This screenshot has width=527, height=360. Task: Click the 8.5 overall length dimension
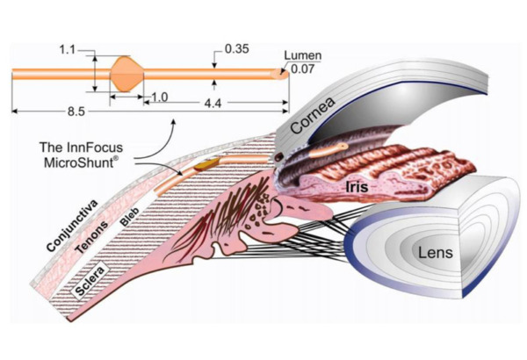point(76,112)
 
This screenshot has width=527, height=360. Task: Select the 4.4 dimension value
point(213,104)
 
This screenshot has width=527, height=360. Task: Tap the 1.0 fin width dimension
point(159,97)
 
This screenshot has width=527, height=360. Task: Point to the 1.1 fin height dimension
point(68,50)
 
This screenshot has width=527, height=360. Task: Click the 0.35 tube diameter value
point(237,49)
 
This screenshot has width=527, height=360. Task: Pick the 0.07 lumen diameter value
point(303,68)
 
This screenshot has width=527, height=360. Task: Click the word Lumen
point(303,55)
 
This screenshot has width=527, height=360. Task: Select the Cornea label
point(313,115)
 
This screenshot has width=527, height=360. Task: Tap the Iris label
point(357,186)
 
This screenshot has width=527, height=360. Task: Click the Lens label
point(436,252)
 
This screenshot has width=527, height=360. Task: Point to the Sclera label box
point(90,279)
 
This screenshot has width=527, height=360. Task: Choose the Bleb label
point(130,217)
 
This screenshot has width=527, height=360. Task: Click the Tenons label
point(91,237)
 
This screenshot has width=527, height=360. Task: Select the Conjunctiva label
point(72,226)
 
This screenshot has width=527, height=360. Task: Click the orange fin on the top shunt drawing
point(127,74)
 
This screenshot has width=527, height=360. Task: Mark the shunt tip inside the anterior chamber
point(343,147)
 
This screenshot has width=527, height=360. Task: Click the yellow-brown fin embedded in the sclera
point(206,163)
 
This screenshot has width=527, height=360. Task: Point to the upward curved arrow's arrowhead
point(173,121)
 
